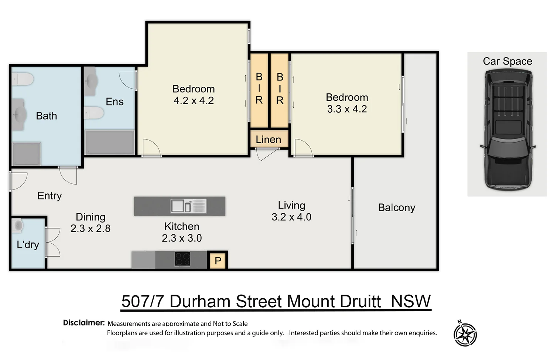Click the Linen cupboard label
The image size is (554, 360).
[x=268, y=140]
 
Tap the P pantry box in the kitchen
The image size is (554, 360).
[x=218, y=261]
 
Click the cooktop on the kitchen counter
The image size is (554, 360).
[x=182, y=259]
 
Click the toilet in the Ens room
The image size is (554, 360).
[x=93, y=113]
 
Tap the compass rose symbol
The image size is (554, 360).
[x=465, y=335]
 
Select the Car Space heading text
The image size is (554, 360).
[x=507, y=61]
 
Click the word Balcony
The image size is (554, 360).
[x=397, y=208]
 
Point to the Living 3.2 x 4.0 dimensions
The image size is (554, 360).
[x=291, y=217]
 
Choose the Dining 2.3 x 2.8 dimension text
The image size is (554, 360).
[x=90, y=229]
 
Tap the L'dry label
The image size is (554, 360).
[x=28, y=244]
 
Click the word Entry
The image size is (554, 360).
[x=49, y=196]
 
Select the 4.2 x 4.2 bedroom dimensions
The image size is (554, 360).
[x=194, y=100]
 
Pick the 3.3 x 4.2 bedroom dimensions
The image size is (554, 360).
[x=347, y=109]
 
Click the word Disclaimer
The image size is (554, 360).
[x=84, y=323]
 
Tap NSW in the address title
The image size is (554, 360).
[x=411, y=301]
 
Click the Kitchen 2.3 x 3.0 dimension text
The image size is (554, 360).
[x=182, y=238]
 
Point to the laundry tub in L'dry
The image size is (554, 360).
[x=18, y=226]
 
